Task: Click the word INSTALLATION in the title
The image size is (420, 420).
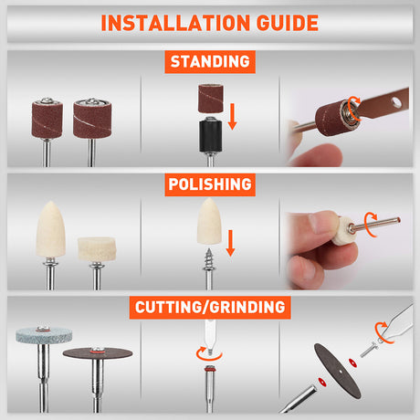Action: tap(175, 23)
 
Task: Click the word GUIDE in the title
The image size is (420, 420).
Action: tap(288, 23)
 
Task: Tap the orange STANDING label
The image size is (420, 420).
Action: tap(210, 62)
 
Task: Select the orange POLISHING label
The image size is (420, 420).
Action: tap(210, 184)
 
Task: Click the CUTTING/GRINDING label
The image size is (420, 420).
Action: tap(210, 308)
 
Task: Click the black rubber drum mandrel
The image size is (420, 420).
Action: tap(210, 135)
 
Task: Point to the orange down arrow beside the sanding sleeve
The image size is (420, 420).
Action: tap(233, 117)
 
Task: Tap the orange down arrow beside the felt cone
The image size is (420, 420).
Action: tap(231, 243)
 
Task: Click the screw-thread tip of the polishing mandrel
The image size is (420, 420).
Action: tap(209, 259)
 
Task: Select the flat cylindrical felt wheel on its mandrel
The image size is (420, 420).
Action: tap(97, 249)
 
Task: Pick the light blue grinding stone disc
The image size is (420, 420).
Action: tap(44, 335)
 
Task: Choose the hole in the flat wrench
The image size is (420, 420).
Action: tap(396, 101)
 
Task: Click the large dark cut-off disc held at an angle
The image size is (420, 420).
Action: tap(338, 371)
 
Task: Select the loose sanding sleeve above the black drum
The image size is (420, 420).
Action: tap(211, 99)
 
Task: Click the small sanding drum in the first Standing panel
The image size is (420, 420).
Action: tap(47, 119)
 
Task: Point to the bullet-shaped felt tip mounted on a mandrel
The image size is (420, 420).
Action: tap(50, 229)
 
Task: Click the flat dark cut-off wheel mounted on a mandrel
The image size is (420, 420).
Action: tap(98, 353)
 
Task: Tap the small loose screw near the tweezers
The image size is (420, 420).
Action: tap(369, 350)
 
